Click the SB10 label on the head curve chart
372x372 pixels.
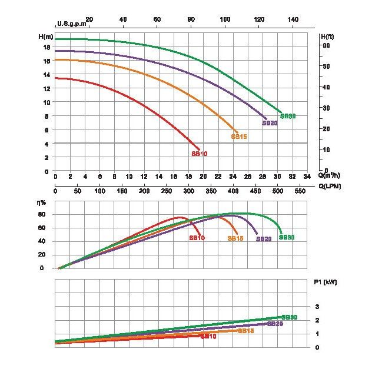click(x=200, y=154)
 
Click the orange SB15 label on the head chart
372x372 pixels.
click(x=238, y=137)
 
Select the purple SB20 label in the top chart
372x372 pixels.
click(x=270, y=123)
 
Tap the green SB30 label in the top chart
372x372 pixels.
click(x=288, y=117)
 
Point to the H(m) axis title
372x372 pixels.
click(x=45, y=37)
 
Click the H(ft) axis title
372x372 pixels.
click(x=328, y=37)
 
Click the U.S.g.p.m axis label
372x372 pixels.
click(x=71, y=24)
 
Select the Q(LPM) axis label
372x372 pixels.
click(x=330, y=186)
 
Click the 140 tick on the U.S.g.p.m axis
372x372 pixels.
click(x=293, y=19)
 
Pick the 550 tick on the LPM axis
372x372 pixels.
click(x=300, y=191)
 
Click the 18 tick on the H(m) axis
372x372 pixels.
click(x=46, y=48)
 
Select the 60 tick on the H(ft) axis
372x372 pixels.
click(x=325, y=45)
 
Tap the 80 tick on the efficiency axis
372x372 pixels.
click(x=41, y=214)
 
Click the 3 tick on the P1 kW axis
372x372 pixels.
click(x=317, y=307)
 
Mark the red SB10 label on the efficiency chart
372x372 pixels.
click(x=197, y=238)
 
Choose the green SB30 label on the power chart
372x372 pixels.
click(x=290, y=317)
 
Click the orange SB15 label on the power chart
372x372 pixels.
click(x=246, y=331)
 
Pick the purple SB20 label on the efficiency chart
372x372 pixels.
click(x=264, y=239)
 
